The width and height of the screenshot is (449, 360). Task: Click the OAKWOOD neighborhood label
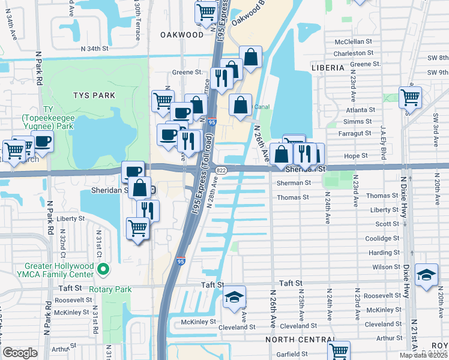(x=182, y=35)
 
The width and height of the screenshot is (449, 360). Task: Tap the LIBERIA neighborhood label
(x=328, y=68)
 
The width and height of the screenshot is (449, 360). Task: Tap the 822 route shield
(x=221, y=172)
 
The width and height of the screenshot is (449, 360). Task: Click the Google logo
(x=20, y=353)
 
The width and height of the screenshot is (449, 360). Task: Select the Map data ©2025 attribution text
(x=421, y=355)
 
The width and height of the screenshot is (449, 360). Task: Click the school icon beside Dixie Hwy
(x=426, y=275)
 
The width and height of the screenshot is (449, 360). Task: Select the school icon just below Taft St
(x=234, y=297)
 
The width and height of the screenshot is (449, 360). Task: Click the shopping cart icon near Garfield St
(x=339, y=350)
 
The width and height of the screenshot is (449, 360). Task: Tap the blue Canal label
(x=262, y=107)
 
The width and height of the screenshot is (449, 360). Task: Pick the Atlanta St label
(x=359, y=110)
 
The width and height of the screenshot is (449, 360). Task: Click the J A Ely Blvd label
(x=382, y=140)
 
